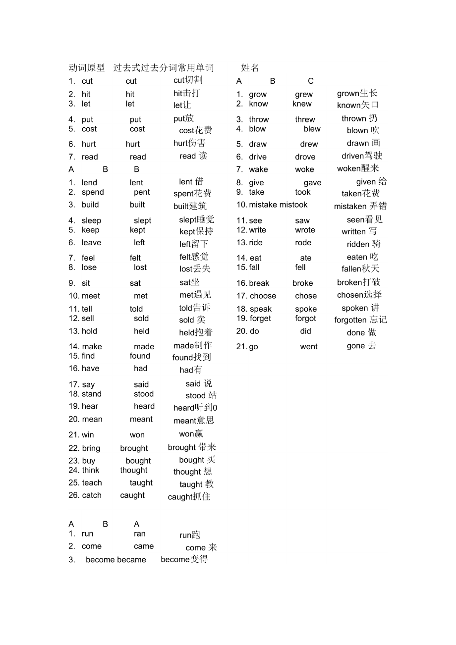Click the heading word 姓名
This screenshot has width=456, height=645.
pyautogui.click(x=250, y=68)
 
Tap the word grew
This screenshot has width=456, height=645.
pyautogui.click(x=304, y=94)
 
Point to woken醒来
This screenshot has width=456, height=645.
pyautogui.click(x=358, y=168)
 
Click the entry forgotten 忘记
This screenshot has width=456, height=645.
pyautogui.click(x=360, y=320)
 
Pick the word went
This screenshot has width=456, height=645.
pyautogui.click(x=309, y=347)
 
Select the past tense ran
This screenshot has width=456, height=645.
pyautogui.click(x=140, y=534)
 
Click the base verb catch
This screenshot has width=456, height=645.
pyautogui.click(x=92, y=495)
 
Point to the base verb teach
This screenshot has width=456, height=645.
pyautogui.click(x=92, y=483)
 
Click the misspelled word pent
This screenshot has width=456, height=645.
pyautogui.click(x=142, y=192)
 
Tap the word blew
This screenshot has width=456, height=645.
pyautogui.click(x=312, y=129)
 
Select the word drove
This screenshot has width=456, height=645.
pyautogui.click(x=305, y=157)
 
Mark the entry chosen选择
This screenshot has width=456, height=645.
pyautogui.click(x=359, y=295)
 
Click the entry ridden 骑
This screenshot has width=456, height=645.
pyautogui.click(x=364, y=244)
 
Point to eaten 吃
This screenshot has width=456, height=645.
pyautogui.click(x=362, y=257)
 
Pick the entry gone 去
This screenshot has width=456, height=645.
pyautogui.click(x=361, y=346)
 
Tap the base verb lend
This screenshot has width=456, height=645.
pyautogui.click(x=89, y=183)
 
